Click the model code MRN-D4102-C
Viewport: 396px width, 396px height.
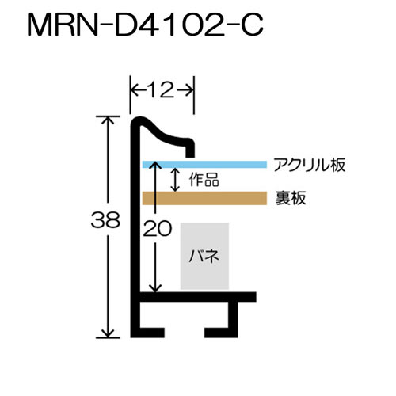tap(145, 25)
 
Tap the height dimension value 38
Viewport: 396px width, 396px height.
tap(105, 220)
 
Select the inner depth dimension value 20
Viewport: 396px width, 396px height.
tap(158, 228)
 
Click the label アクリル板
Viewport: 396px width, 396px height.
tap(310, 166)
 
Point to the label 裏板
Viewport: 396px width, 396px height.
tap(291, 198)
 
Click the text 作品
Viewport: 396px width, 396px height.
tap(204, 181)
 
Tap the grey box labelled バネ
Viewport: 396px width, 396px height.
tap(204, 256)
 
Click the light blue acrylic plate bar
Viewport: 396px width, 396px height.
tap(204, 165)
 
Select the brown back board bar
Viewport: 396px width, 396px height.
tap(204, 198)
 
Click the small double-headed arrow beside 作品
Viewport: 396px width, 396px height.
tap(175, 180)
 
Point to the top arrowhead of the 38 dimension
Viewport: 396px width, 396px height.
tap(108, 120)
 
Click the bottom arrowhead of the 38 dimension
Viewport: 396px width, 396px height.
tap(108, 333)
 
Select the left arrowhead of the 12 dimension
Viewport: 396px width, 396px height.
tap(135, 90)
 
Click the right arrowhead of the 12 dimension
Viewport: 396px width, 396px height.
tap(188, 90)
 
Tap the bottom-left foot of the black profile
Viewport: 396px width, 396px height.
tap(148, 333)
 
